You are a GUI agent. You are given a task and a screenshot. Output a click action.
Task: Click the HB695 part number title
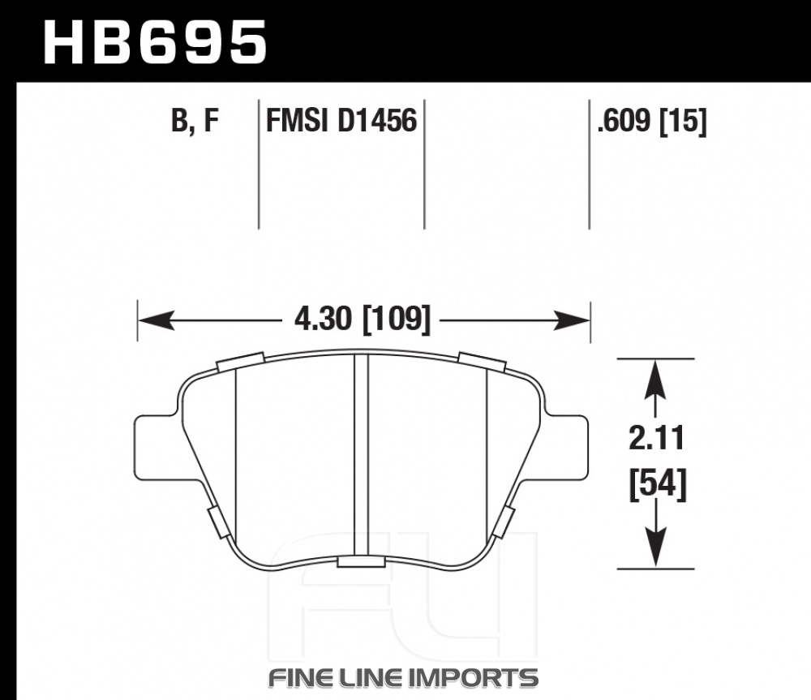155,42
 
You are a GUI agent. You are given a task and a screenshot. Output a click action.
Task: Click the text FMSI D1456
341,121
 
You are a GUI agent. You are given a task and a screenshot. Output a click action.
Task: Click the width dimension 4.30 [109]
362,319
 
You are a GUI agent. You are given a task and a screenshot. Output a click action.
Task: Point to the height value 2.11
656,438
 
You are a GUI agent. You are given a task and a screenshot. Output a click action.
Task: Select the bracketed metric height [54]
658,483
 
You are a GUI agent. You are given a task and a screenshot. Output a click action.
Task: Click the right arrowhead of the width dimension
572,320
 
